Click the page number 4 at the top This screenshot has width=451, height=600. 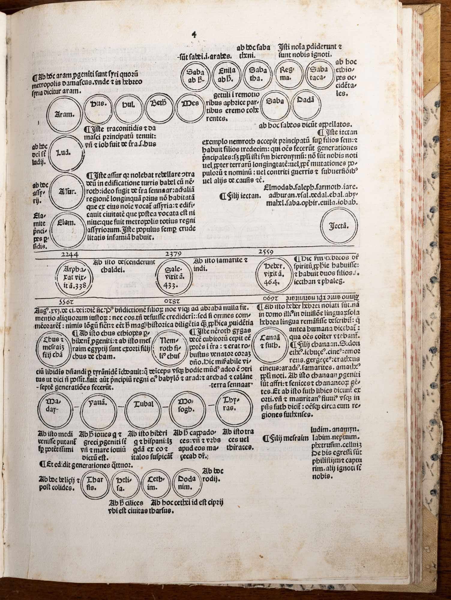194,35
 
